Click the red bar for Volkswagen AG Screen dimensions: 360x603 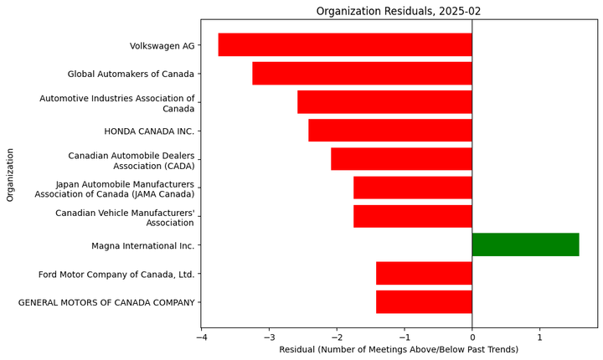(x=345, y=45)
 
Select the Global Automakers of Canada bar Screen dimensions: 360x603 (x=362, y=74)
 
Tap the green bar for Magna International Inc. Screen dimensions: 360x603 (x=525, y=244)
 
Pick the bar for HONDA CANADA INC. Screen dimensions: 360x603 (x=390, y=131)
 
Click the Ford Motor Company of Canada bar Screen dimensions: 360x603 (x=424, y=273)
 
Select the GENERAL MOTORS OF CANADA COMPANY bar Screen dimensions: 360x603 (x=424, y=301)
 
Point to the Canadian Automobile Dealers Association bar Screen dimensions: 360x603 (x=401, y=159)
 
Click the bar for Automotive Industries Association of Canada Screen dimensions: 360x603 (x=384, y=102)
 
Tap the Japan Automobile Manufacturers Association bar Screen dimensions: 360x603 (x=412, y=188)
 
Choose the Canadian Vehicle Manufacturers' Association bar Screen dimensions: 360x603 (x=412, y=216)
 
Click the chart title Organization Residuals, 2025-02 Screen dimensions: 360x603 (x=399, y=11)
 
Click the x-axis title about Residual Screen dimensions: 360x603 (x=399, y=349)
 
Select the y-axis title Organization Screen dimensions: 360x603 (x=11, y=174)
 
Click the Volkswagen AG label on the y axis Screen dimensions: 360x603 (x=162, y=46)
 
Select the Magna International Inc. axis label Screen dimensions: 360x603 (x=142, y=246)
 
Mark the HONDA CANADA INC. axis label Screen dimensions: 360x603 (x=149, y=131)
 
